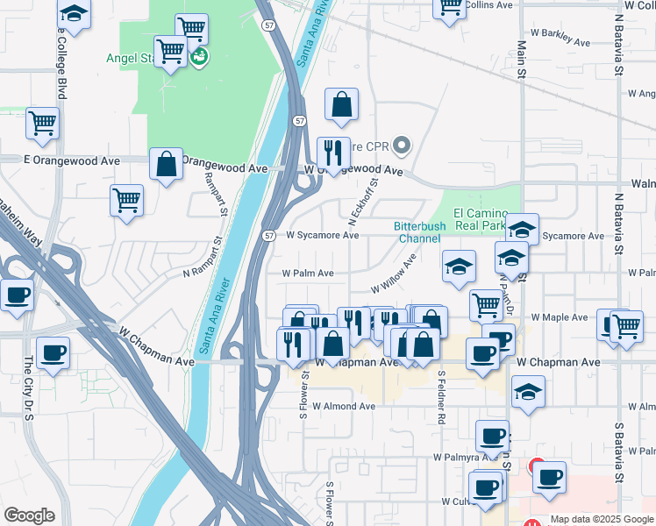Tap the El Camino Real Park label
[x=480, y=219]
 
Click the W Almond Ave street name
[x=342, y=406]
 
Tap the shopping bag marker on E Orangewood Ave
[x=166, y=164]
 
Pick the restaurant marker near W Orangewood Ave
[x=333, y=153]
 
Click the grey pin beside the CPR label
[x=403, y=145]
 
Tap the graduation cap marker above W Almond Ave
[x=528, y=393]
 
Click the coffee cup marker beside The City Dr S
[x=53, y=353]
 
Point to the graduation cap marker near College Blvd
[x=75, y=14]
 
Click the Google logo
[x=29, y=515]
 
